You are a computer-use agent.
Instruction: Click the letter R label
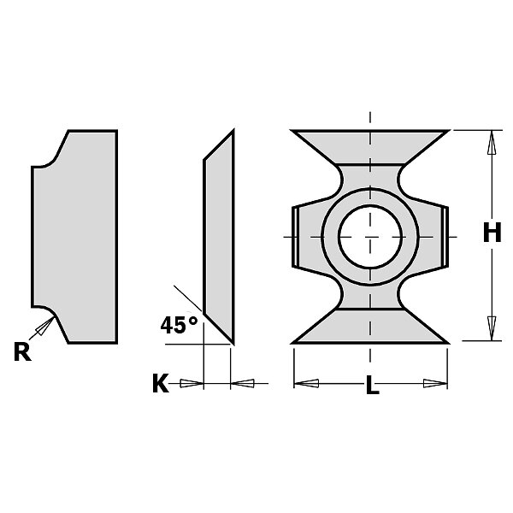point(22,351)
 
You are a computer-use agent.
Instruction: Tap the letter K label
point(161,383)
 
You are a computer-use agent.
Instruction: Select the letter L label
point(372,385)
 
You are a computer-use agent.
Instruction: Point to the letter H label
point(492,233)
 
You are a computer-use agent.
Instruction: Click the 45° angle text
point(179,325)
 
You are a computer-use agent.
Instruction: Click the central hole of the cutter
point(370,237)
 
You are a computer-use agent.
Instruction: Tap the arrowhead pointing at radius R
point(45,327)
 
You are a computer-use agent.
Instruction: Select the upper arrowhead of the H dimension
point(492,143)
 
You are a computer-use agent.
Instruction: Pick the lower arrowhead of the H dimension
point(492,328)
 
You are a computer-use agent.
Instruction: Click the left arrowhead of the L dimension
point(307,383)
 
